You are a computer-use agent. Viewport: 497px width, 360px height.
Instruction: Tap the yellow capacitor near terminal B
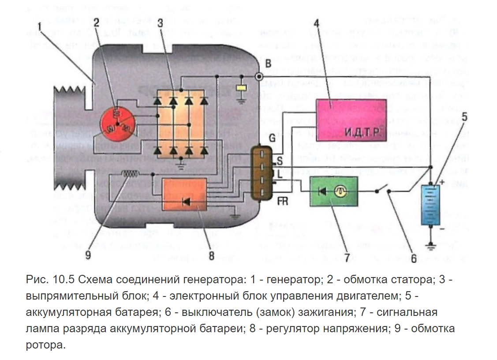pyautogui.click(x=241, y=88)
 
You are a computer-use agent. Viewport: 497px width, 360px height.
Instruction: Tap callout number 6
pyautogui.click(x=413, y=259)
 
